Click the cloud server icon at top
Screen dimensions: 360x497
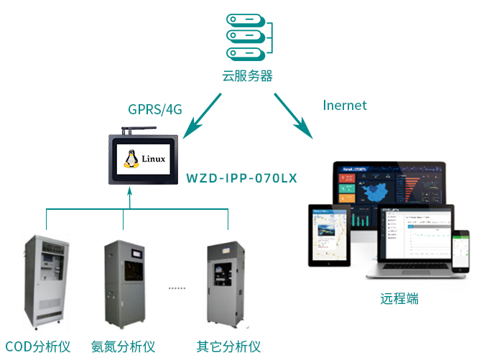[x=249, y=36]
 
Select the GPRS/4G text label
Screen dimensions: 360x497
[x=154, y=109]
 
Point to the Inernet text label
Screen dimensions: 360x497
[x=345, y=106]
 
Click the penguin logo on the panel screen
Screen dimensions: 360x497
[x=131, y=159]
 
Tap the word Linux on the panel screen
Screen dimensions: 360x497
[x=154, y=159]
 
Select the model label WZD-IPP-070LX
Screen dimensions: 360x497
[x=241, y=177]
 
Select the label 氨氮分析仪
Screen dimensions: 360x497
[x=123, y=346]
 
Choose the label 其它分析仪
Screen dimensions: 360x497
[x=228, y=346]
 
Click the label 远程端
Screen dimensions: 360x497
[x=399, y=298]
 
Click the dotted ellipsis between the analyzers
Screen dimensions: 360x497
[x=177, y=287]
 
